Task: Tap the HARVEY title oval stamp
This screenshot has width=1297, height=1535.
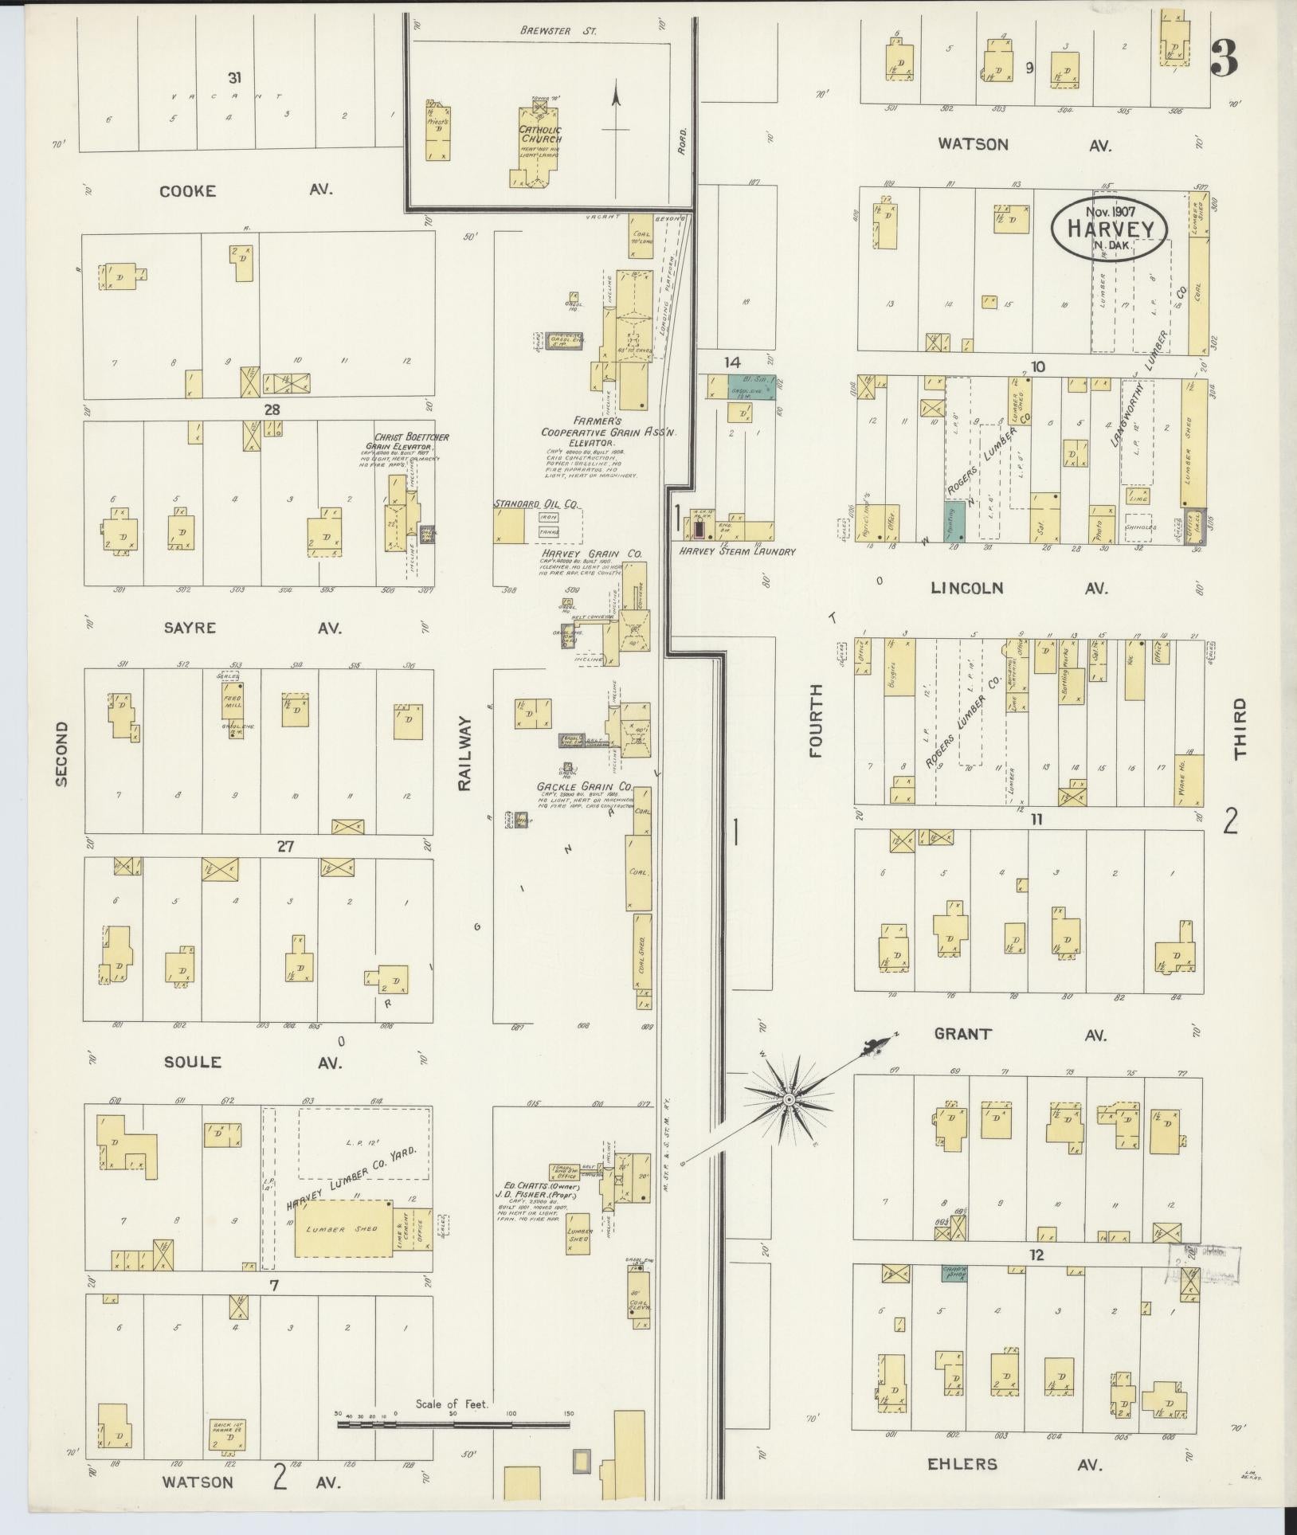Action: tap(1110, 228)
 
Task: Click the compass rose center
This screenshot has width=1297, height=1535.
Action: tap(788, 1098)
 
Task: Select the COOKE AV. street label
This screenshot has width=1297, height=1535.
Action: tap(247, 191)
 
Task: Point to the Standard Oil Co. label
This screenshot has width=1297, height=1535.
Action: tap(535, 504)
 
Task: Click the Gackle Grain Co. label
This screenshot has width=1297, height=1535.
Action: tap(584, 786)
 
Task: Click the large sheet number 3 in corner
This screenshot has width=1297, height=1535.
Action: tap(1223, 58)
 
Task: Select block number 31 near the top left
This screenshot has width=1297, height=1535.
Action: tap(234, 78)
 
